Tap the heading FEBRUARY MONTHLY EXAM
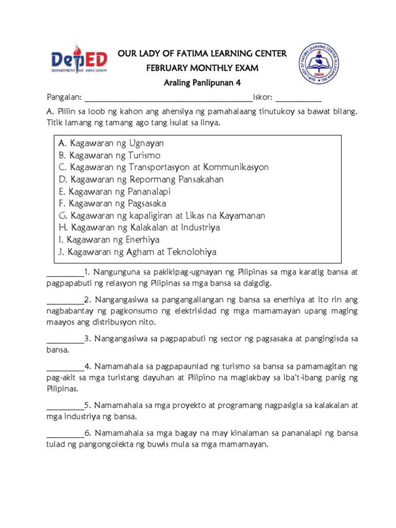pyautogui.click(x=203, y=68)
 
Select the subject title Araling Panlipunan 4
pyautogui.click(x=203, y=83)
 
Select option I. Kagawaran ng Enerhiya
pyautogui.click(x=109, y=240)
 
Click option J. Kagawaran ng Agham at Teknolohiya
pyautogui.click(x=138, y=252)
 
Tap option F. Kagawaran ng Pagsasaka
pyautogui.click(x=112, y=204)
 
